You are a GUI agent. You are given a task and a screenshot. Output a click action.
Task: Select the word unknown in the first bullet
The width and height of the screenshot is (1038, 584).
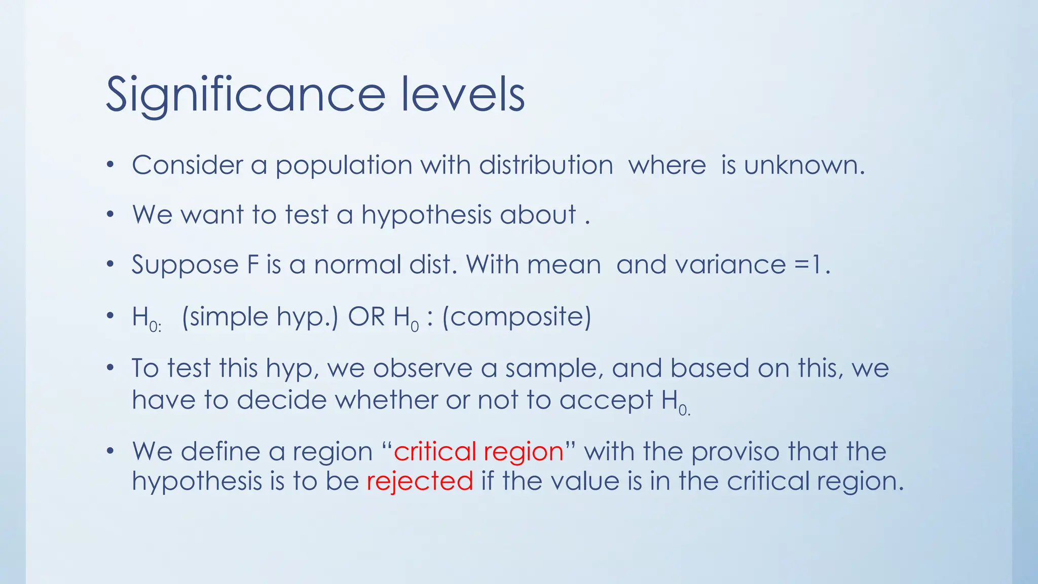(x=804, y=165)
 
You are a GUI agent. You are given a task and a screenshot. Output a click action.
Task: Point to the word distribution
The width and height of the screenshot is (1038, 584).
(x=546, y=165)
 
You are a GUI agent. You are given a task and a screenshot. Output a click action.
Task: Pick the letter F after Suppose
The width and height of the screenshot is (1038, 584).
(x=253, y=265)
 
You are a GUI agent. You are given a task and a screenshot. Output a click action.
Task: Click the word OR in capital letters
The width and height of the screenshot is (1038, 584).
(x=366, y=317)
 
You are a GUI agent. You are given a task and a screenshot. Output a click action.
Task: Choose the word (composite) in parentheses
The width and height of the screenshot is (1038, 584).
(x=516, y=317)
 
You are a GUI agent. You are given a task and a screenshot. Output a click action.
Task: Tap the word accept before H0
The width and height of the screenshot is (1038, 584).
(x=606, y=400)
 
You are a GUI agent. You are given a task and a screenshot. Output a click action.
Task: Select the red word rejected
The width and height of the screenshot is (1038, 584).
(x=420, y=481)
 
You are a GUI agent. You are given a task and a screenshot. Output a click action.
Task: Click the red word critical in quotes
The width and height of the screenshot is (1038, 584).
(x=435, y=451)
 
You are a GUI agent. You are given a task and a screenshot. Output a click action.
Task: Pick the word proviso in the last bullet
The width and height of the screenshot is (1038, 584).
(x=735, y=451)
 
